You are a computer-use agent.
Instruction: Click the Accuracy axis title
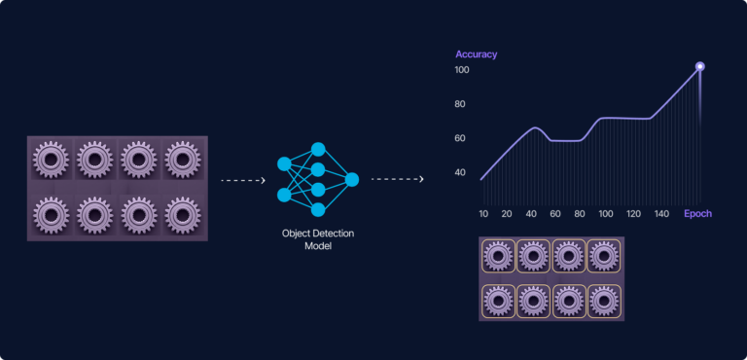pyautogui.click(x=476, y=54)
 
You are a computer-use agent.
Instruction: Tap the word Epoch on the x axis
pyautogui.click(x=697, y=213)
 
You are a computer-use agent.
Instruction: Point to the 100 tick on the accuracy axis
pyautogui.click(x=461, y=70)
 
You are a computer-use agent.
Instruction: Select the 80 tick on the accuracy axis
pyautogui.click(x=460, y=104)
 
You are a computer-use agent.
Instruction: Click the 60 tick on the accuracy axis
pyautogui.click(x=460, y=138)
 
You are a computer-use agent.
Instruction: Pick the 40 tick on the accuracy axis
pyautogui.click(x=460, y=172)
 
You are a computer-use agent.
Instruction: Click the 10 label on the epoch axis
pyautogui.click(x=483, y=213)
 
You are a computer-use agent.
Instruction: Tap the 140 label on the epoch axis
pyautogui.click(x=661, y=213)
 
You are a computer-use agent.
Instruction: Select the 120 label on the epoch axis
pyautogui.click(x=634, y=213)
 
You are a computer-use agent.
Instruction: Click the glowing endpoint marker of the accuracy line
pyautogui.click(x=699, y=66)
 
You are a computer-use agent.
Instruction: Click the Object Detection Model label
pyautogui.click(x=317, y=239)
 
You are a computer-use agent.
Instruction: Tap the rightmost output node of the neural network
pyautogui.click(x=352, y=179)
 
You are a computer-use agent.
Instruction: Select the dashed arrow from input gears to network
pyautogui.click(x=243, y=180)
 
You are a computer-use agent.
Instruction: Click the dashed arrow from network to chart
pyautogui.click(x=397, y=180)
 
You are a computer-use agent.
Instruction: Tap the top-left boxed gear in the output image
pyautogui.click(x=498, y=257)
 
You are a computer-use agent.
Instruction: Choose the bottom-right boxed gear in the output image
pyautogui.click(x=603, y=300)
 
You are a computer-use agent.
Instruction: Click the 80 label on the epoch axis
pyautogui.click(x=580, y=213)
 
